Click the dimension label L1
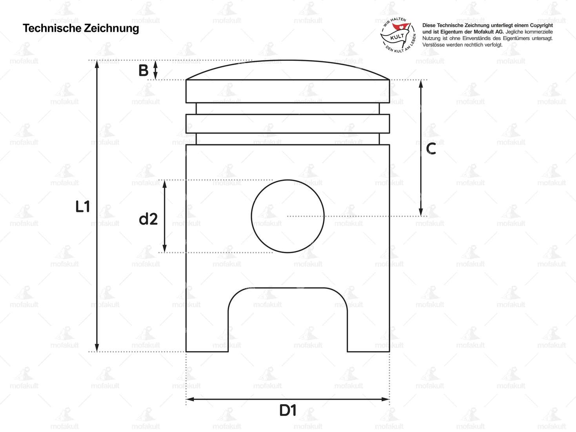(x=83, y=206)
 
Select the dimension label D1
(x=288, y=411)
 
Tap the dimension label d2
(x=148, y=219)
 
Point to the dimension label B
(x=144, y=71)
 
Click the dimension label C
(x=431, y=149)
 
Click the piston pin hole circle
(x=288, y=216)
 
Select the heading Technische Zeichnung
(x=81, y=28)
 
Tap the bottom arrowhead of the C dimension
(x=421, y=212)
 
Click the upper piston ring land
(x=288, y=91)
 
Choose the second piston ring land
(x=288, y=124)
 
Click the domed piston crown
(x=288, y=70)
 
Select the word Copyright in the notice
(x=541, y=26)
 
